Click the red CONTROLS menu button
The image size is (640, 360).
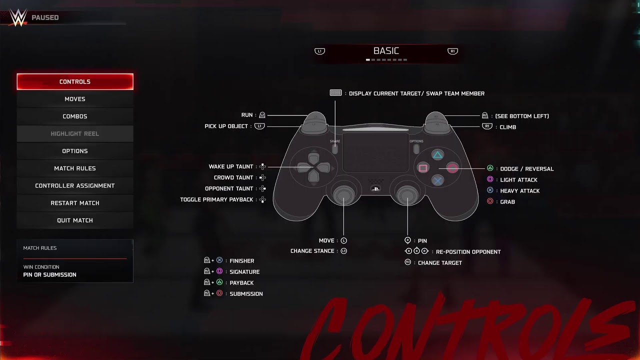(75, 81)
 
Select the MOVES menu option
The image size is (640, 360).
(75, 99)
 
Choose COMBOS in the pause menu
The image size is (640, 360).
(75, 116)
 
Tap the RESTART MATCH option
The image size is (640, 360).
(75, 203)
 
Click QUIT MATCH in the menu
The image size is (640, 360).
(75, 220)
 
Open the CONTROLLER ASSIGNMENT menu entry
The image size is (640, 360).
(75, 185)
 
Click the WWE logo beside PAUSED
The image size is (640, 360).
(18, 17)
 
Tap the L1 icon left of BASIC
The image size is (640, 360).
(319, 51)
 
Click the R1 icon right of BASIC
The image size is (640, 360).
(452, 51)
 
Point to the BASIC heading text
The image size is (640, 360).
(386, 51)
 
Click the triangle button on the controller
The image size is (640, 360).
(437, 155)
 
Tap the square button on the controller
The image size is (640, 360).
(423, 168)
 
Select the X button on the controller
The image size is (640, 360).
(437, 180)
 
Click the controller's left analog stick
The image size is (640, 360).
(343, 195)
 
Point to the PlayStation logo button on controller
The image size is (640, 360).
(375, 189)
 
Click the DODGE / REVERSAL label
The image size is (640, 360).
(527, 169)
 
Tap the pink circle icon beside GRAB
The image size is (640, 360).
(490, 201)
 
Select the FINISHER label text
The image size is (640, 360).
(241, 261)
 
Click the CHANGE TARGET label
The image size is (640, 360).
(439, 263)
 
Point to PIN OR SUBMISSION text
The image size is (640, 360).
(49, 275)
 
